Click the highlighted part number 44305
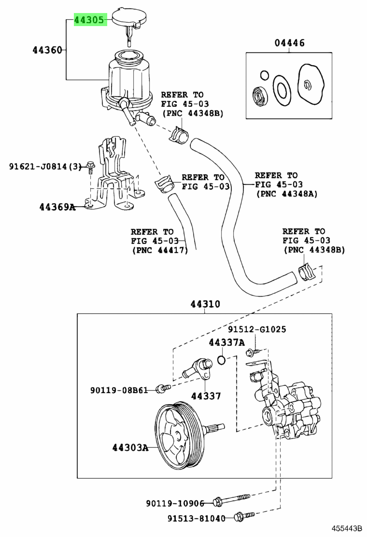click(x=89, y=20)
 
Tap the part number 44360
click(x=47, y=50)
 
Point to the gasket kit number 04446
click(x=289, y=43)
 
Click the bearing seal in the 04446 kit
click(x=261, y=96)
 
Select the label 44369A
click(x=57, y=207)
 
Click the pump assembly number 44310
click(x=205, y=304)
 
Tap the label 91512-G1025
click(x=257, y=329)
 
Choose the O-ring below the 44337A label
click(x=222, y=360)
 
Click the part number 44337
click(x=206, y=396)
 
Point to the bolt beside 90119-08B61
click(x=163, y=388)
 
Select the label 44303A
click(x=130, y=447)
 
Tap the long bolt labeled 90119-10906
click(x=231, y=499)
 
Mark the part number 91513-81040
click(x=197, y=518)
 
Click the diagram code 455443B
click(x=346, y=529)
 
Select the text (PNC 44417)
click(x=160, y=250)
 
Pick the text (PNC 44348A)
click(x=287, y=194)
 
